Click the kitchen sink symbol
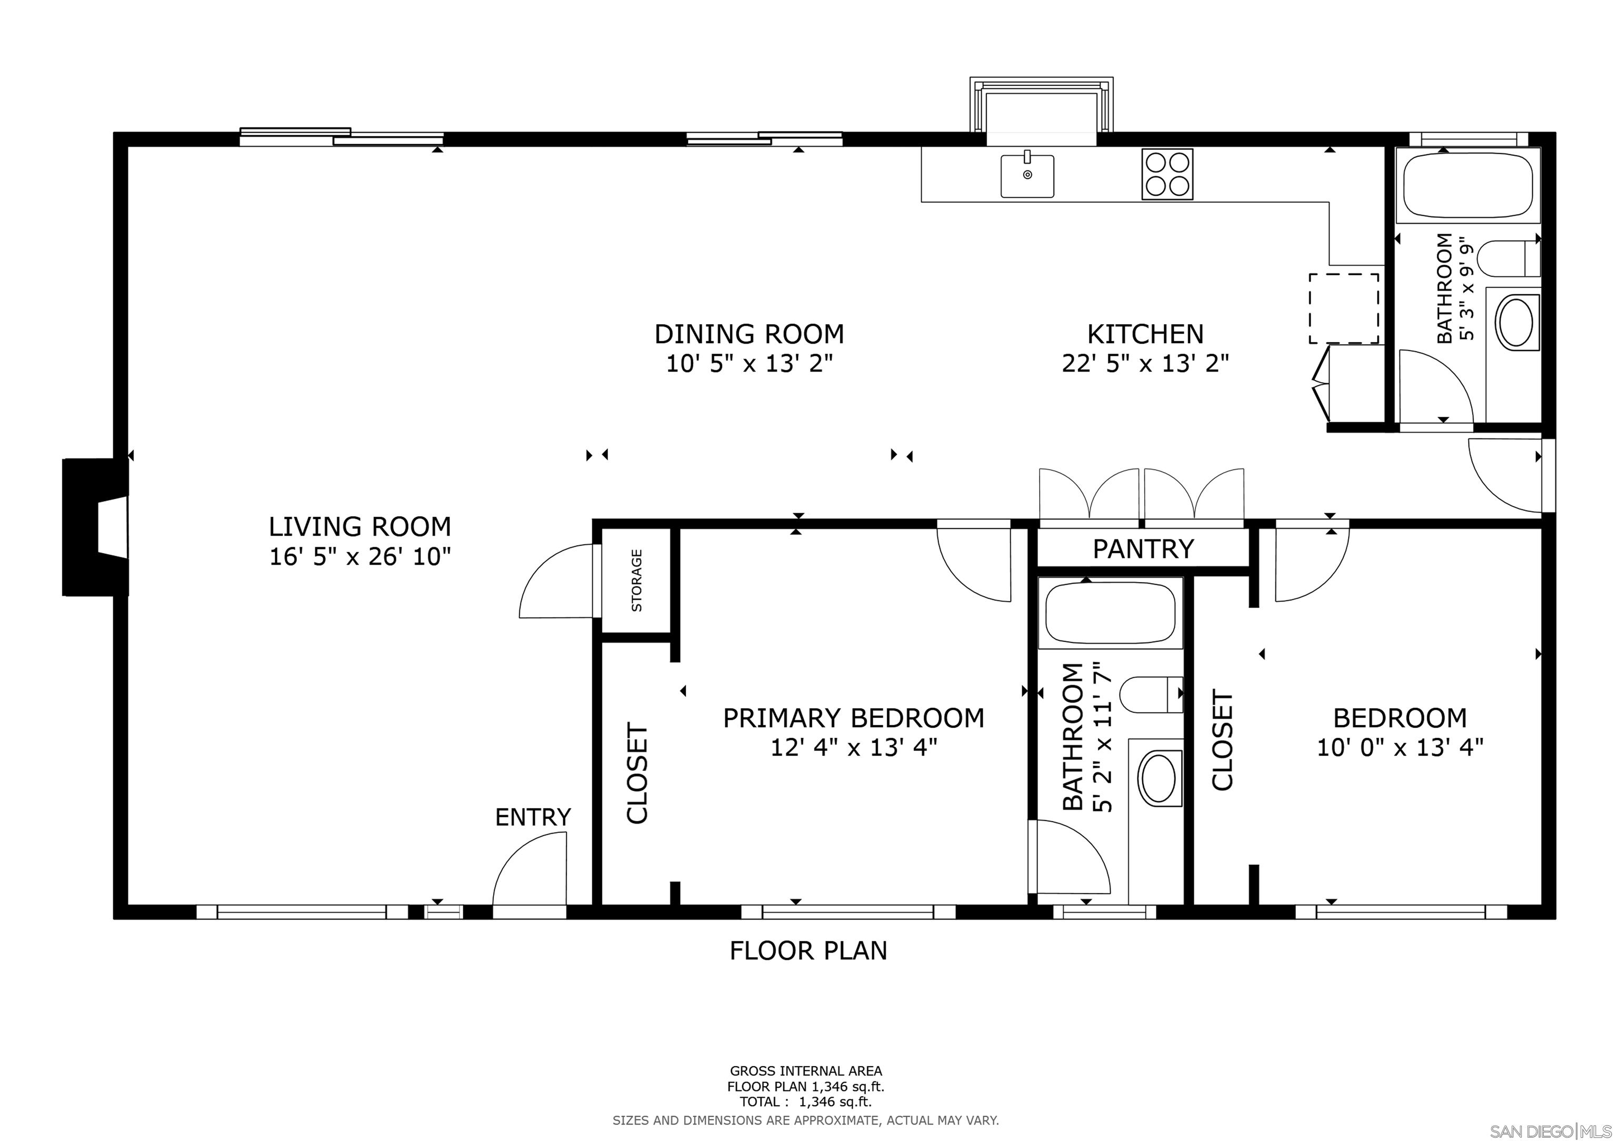1027,176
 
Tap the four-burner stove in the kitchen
1167,174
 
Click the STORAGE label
637,580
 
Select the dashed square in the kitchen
1343,308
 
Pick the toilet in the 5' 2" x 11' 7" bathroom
1150,695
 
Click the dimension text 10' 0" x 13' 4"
1400,747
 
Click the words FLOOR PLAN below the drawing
808,951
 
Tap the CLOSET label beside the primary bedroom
637,773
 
